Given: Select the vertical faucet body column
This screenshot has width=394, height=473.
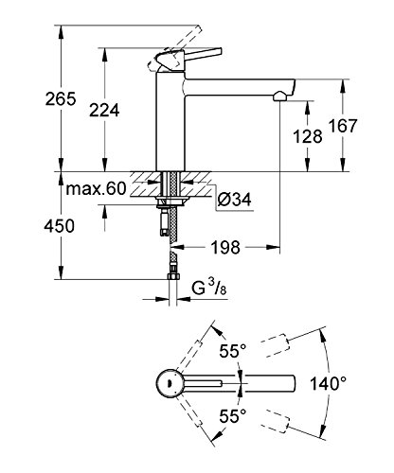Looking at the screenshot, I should coord(172,123).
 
